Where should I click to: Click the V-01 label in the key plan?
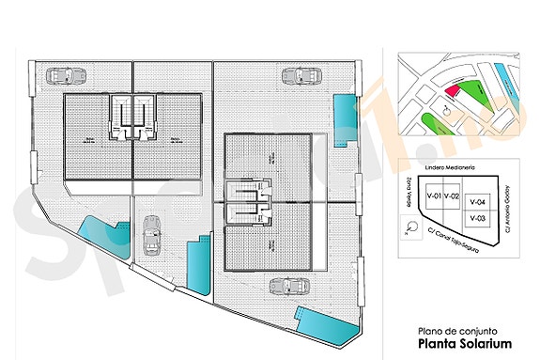click(x=435, y=196)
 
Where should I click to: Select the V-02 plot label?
click(x=452, y=196)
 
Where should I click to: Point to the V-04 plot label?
click(x=476, y=201)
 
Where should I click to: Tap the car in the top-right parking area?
click(x=304, y=75)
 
